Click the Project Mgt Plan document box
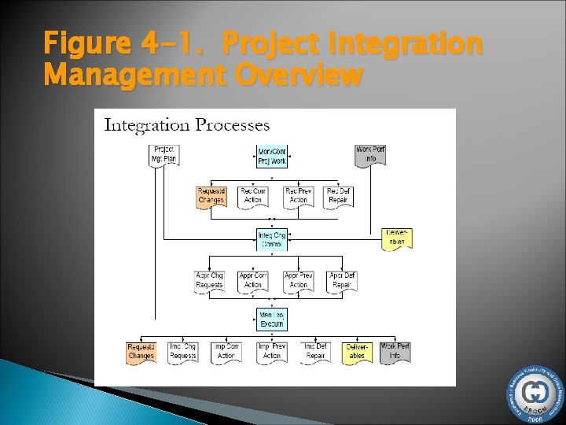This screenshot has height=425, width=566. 163,154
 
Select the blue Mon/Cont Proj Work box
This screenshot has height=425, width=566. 272,156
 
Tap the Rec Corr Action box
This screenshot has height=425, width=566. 253,196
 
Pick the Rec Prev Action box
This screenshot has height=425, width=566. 298,196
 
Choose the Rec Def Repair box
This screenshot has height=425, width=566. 339,196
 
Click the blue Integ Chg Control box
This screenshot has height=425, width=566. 272,239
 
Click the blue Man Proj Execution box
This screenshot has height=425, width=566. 272,319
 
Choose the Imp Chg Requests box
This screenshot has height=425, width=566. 183,352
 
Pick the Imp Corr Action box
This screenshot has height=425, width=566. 226,352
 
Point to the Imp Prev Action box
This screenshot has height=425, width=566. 272,352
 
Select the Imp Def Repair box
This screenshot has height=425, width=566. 316,352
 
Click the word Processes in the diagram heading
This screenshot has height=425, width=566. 233,125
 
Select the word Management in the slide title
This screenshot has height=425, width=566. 132,76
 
